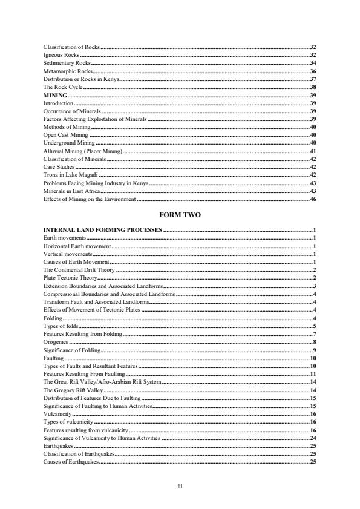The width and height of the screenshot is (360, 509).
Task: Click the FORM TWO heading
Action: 180,215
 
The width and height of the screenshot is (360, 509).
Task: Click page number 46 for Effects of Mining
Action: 313,199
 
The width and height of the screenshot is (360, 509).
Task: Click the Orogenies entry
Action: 56,342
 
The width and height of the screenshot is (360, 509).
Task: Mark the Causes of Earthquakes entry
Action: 71,462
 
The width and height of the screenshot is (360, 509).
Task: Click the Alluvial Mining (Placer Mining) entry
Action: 83,151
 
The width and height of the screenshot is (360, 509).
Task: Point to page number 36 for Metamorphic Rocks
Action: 313,71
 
